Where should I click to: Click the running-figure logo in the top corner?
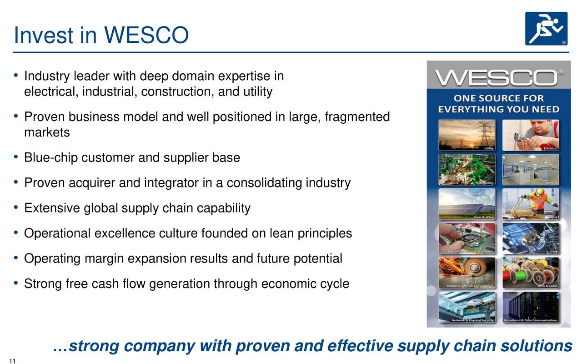pos(546,29)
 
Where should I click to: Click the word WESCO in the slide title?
pos(146,35)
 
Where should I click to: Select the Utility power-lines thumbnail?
pos(467,135)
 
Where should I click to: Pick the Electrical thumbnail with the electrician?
pos(530,135)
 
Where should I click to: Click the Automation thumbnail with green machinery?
pos(467,169)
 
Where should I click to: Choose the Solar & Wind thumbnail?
pos(467,204)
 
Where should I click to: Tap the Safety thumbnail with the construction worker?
pos(530,204)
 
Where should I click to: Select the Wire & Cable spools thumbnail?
pos(530,273)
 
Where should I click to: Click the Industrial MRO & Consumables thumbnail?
pos(467,273)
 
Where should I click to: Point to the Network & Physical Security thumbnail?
pos(467,307)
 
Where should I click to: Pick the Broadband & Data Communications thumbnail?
pos(530,307)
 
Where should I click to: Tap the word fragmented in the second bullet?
pos(357,117)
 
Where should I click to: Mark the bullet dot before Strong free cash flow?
pos(16,283)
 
